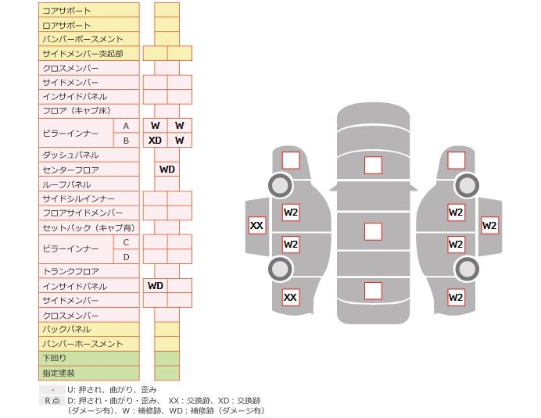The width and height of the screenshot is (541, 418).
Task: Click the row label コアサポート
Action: [66, 11]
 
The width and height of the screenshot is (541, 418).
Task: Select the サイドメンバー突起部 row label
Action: [83, 54]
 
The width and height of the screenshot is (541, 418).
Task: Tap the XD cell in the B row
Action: [156, 141]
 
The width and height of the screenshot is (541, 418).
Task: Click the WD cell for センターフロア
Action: [167, 170]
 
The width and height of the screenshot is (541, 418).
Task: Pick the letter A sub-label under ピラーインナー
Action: [126, 127]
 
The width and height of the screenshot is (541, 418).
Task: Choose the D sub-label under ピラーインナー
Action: [127, 257]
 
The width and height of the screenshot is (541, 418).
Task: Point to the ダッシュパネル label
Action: [70, 155]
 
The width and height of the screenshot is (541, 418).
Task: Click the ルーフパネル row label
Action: [66, 184]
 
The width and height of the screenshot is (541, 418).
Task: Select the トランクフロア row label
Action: [70, 271]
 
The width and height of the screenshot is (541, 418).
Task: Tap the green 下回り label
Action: [54, 358]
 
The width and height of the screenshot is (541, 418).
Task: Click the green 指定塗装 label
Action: [59, 373]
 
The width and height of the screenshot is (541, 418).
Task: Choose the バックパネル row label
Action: [66, 330]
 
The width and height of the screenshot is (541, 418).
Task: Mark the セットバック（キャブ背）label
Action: [88, 228]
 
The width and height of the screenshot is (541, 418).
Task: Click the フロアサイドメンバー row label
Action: [83, 213]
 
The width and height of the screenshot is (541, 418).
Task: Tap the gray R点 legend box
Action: [52, 400]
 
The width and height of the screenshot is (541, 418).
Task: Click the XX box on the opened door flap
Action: [256, 226]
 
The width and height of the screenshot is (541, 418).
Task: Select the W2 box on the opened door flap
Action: [489, 226]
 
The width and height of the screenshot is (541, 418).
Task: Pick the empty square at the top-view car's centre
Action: [374, 231]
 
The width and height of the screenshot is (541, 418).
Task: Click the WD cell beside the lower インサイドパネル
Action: [156, 285]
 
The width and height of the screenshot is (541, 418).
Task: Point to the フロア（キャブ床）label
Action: [77, 111]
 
